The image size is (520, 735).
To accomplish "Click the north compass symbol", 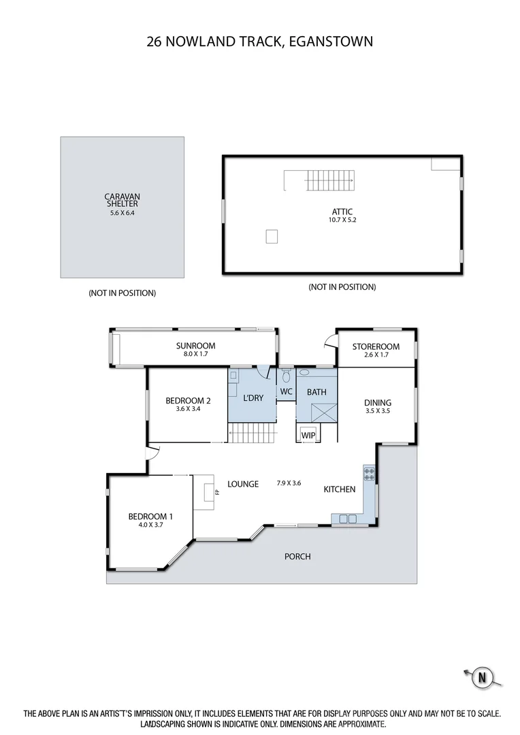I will coord(483,677).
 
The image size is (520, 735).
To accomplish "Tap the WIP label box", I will coord(308,434).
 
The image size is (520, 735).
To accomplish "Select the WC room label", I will coord(286,392).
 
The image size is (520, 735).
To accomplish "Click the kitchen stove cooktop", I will coord(370,474).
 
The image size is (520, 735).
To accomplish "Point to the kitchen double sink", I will coord(347,519).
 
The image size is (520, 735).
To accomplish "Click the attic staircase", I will coord(330,181).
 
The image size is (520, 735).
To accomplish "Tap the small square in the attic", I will coord(272,236).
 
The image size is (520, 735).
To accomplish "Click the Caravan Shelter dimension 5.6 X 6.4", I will coord(122,212).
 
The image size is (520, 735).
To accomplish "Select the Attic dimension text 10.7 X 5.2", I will coord(342,220).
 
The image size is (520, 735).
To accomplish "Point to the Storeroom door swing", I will coord(330,342).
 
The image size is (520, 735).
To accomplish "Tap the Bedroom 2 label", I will coord(188,401).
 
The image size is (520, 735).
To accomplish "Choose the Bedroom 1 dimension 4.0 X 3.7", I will coord(150,526).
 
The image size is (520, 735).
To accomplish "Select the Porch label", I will coord(297,556).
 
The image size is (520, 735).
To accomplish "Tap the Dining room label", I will coord(378,402).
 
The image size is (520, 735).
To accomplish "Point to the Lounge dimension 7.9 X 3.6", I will coord(289,484).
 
